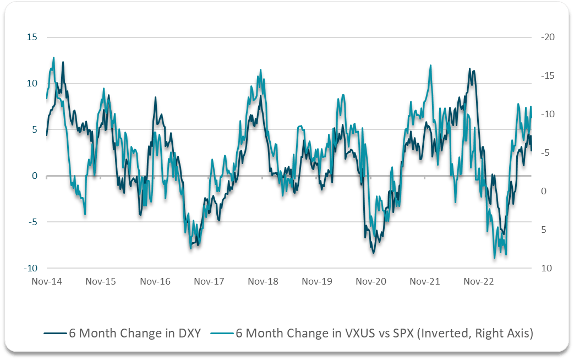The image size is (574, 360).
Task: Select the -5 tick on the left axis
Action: (x=32, y=222)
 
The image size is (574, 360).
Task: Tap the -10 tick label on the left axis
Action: (x=31, y=269)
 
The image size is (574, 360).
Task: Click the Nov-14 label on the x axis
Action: (x=47, y=282)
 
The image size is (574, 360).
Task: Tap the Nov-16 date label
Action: (x=155, y=282)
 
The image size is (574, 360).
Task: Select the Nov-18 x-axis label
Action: (x=263, y=282)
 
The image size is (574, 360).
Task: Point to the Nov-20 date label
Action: (x=371, y=282)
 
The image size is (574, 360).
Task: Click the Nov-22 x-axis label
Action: (x=479, y=282)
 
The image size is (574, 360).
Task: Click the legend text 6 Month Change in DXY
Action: (x=135, y=333)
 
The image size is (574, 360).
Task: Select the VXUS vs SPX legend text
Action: (x=384, y=333)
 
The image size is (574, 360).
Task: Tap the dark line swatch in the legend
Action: (x=54, y=334)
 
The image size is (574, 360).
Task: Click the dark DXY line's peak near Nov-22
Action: (x=469, y=69)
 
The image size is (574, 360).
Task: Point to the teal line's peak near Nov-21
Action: (x=430, y=66)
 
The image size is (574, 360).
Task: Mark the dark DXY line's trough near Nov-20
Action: (x=374, y=253)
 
